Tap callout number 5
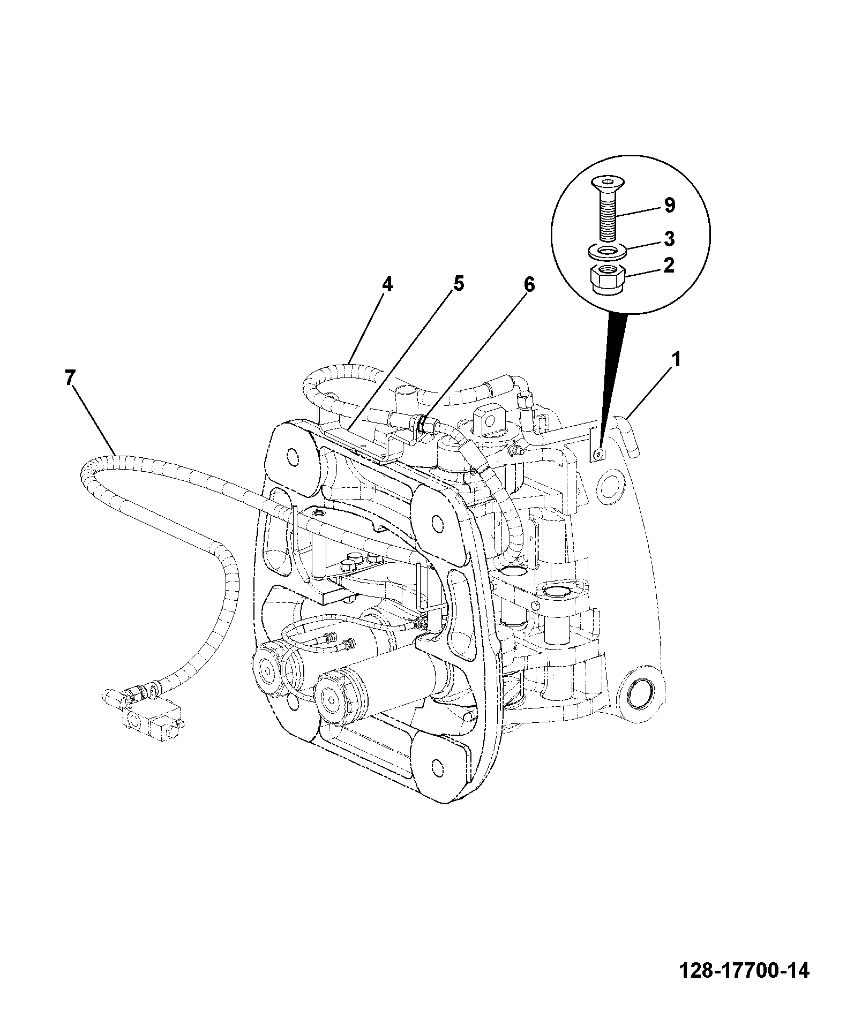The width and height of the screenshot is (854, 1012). pos(459,284)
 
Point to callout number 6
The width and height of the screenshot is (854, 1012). pos(529,285)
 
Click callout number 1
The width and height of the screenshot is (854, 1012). pos(676,359)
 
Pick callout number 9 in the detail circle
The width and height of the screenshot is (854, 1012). pos(670,205)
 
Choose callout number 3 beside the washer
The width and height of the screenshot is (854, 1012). pos(669,239)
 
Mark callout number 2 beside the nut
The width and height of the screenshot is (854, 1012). pos(669,266)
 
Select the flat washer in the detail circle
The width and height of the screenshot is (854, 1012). pos(607,251)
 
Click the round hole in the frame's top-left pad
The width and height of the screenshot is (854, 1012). pos(293,456)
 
